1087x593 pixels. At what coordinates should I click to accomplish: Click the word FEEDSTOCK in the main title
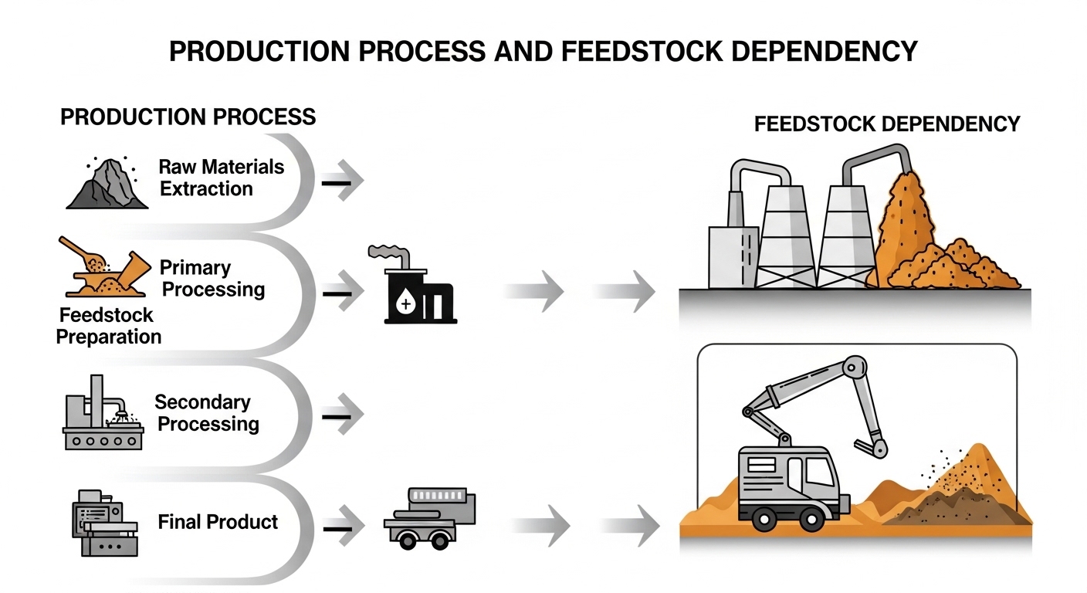[x=621, y=51]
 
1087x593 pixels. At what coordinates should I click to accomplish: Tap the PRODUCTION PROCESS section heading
[x=188, y=117]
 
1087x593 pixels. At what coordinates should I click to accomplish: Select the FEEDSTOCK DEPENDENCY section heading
[x=887, y=124]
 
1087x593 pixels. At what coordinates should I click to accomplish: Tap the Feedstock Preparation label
[x=108, y=326]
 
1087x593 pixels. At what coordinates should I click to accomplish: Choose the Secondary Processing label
[x=206, y=413]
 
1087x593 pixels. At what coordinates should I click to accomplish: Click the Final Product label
[x=218, y=522]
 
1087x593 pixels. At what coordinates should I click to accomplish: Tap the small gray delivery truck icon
[x=428, y=517]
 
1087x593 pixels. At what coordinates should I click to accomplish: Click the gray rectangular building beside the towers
[x=730, y=256]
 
